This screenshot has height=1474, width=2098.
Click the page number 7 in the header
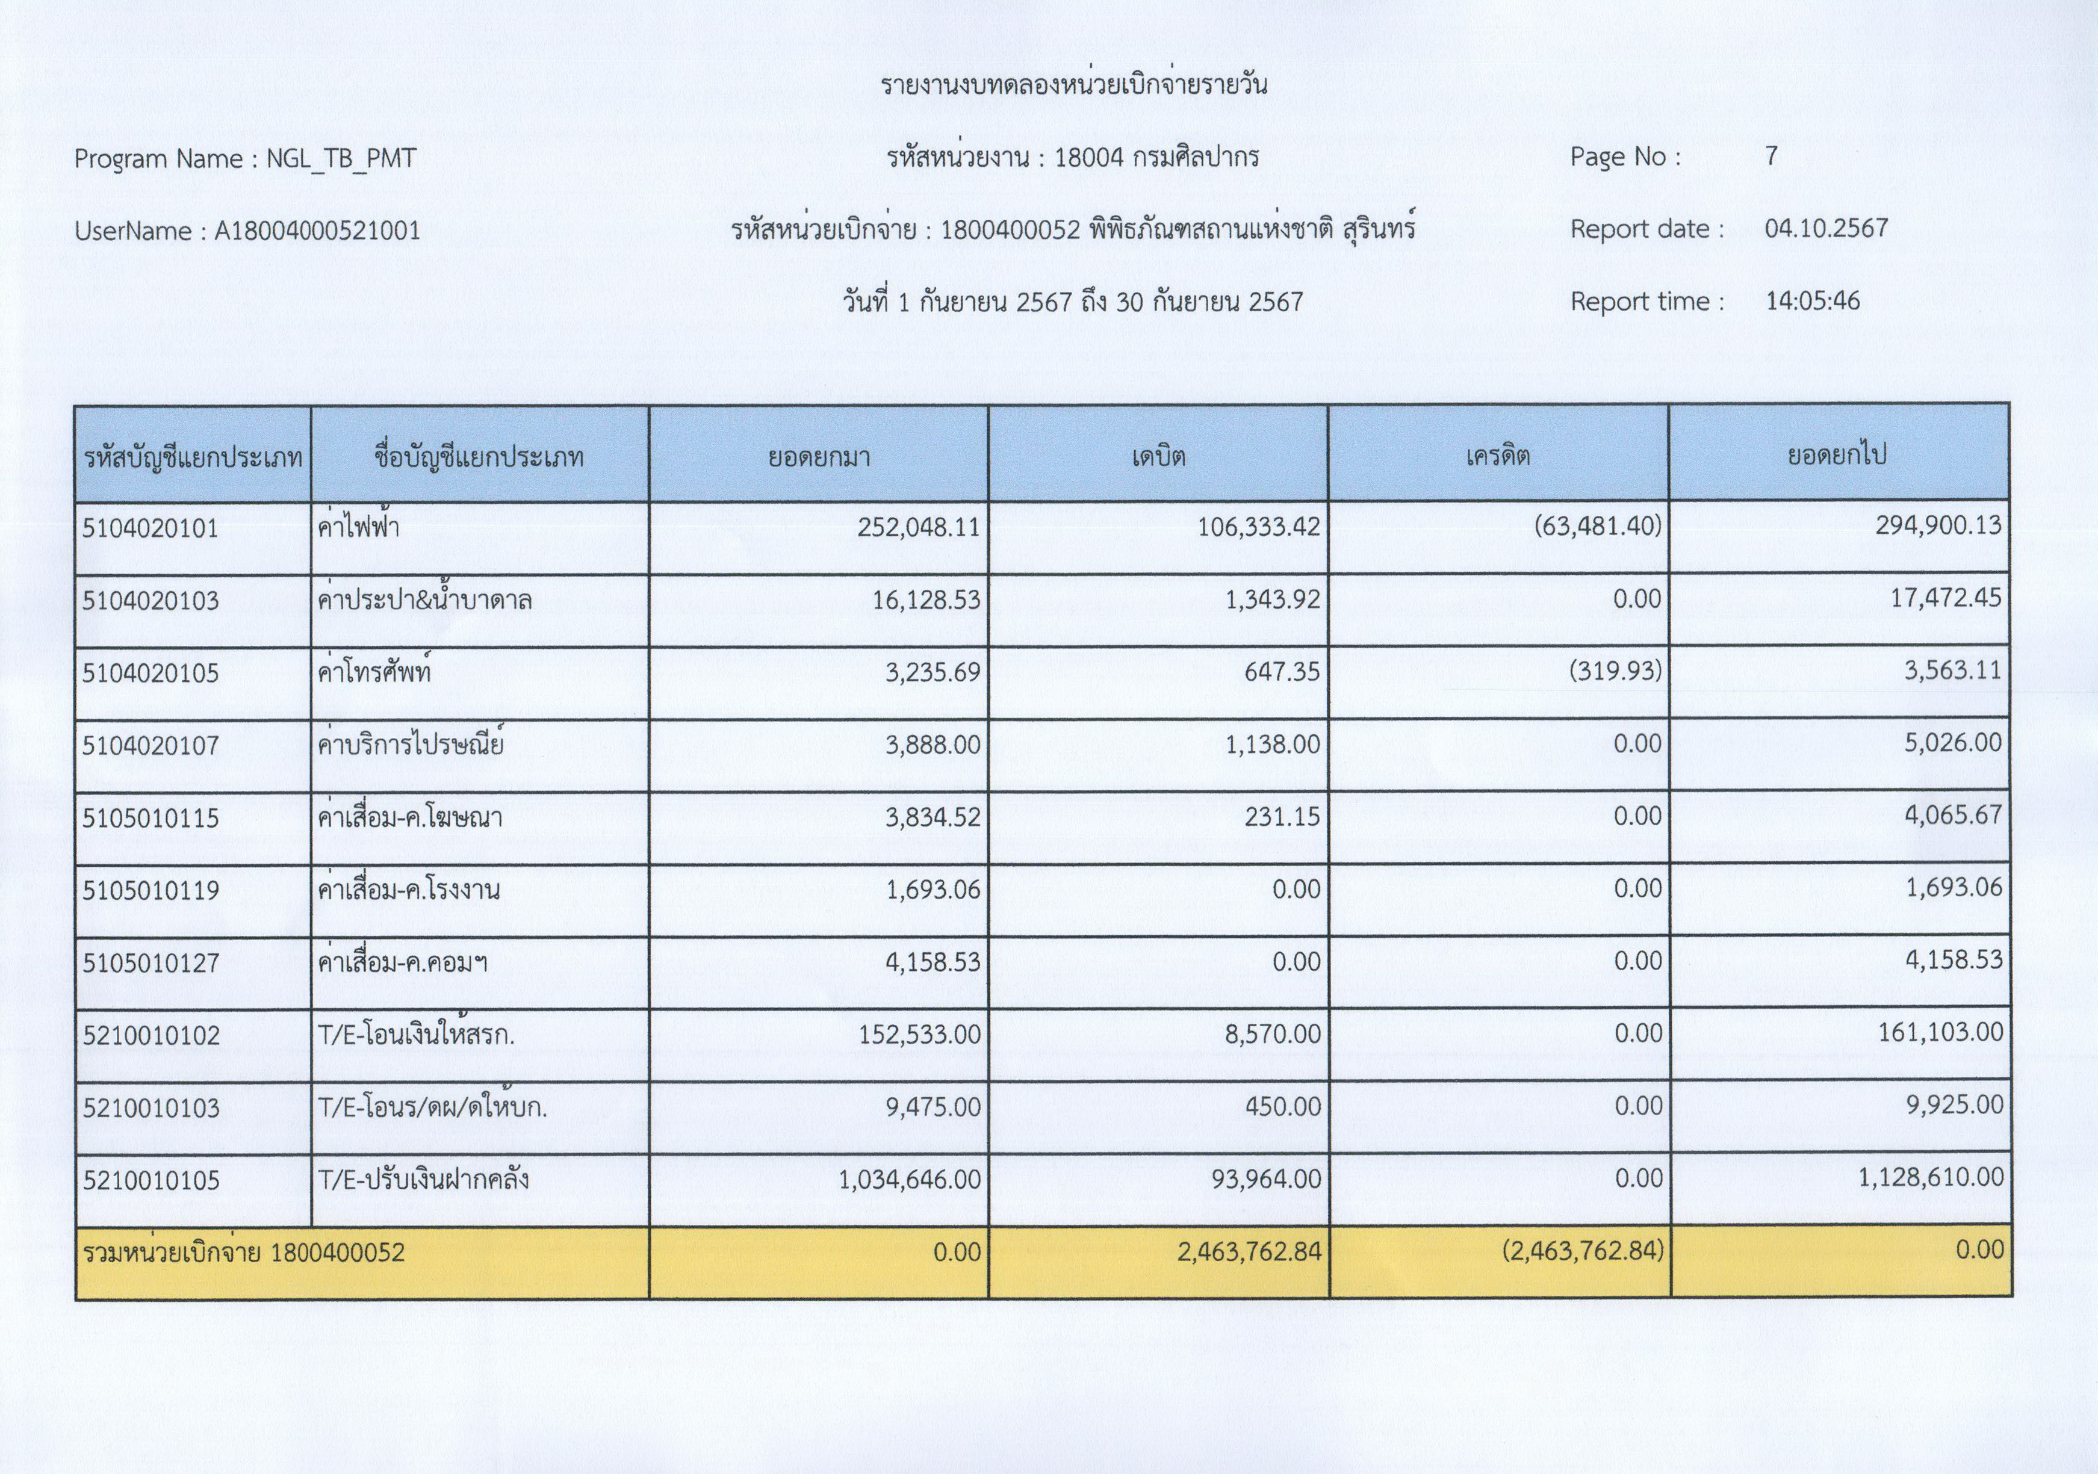pos(1771,156)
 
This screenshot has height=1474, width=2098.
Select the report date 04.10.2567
pos(1826,229)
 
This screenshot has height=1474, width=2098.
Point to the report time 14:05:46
pos(1812,301)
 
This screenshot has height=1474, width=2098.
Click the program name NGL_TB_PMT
pos(341,159)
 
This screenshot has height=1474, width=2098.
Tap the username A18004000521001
pos(317,231)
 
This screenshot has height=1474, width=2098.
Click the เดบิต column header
pos(1158,455)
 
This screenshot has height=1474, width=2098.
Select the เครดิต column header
pos(1498,455)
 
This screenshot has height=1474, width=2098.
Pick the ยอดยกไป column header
pos(1837,455)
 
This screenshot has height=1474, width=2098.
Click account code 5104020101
pos(151,528)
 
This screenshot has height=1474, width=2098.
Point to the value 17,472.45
pos(1946,598)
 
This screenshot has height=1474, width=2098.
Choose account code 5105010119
pos(151,890)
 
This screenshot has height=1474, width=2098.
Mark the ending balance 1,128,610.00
pos(1930,1177)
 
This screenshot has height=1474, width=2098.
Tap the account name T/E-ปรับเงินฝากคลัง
pos(423,1180)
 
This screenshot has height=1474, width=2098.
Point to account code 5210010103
pos(151,1107)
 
